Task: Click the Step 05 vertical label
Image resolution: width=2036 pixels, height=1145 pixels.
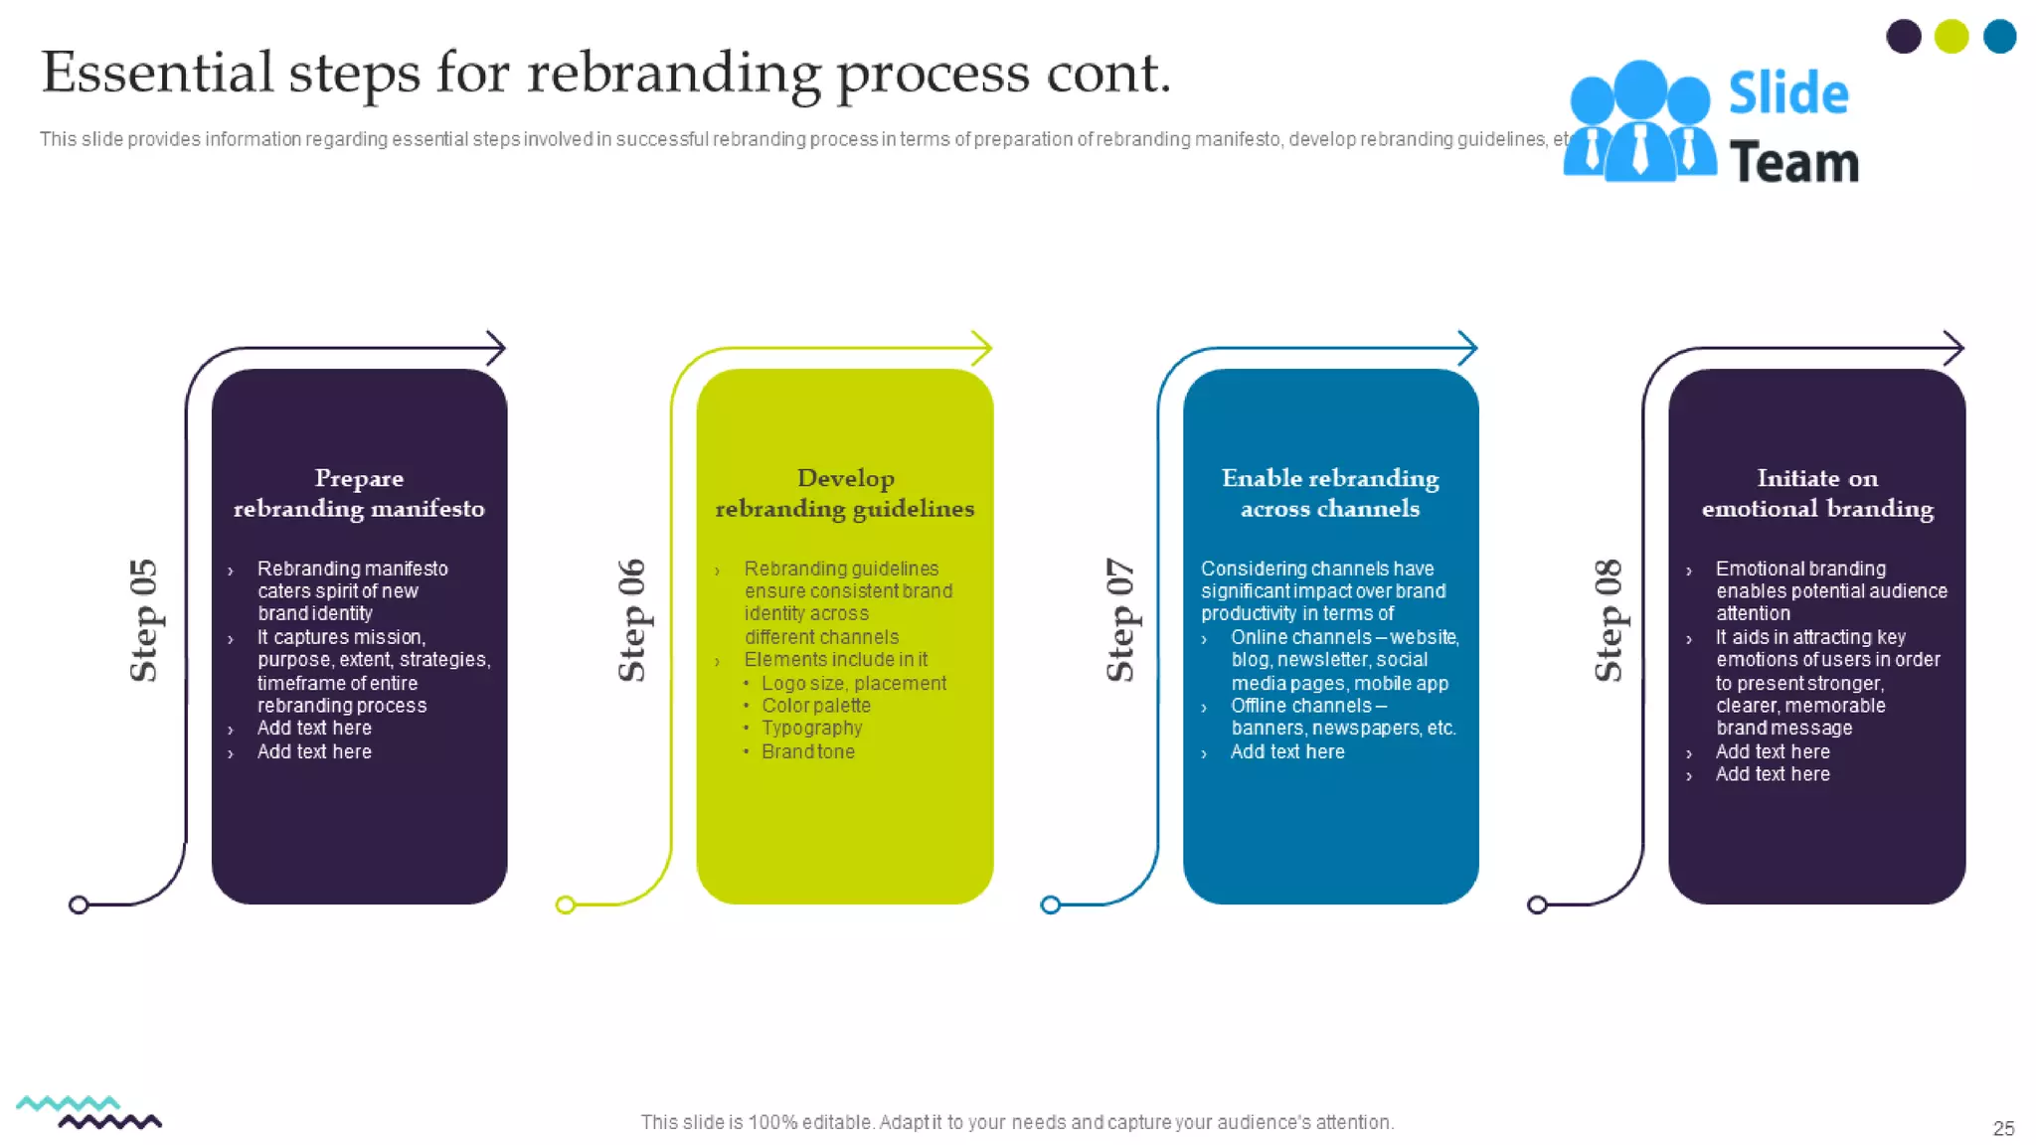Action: (143, 620)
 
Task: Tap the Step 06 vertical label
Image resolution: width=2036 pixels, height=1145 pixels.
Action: (631, 620)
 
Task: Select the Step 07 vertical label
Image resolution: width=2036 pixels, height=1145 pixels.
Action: (1119, 620)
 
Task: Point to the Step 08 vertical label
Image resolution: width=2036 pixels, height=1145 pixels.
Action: (1608, 620)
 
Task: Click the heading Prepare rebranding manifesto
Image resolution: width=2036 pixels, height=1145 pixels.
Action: (359, 493)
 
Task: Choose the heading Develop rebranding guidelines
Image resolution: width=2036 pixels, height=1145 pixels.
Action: (845, 493)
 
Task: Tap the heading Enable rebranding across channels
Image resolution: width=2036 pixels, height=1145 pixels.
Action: (1330, 493)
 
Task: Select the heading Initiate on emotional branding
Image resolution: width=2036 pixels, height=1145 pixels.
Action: (1817, 493)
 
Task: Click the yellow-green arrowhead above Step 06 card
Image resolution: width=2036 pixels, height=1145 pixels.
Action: (982, 348)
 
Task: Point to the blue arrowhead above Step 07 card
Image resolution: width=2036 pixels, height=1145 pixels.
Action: (1468, 348)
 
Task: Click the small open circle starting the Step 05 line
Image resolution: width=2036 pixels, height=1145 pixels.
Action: (79, 904)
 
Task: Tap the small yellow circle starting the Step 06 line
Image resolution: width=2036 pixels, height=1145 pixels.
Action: (565, 904)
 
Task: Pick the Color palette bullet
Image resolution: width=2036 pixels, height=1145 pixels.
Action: (815, 706)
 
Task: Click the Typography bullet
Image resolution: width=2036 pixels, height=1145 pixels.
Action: (811, 729)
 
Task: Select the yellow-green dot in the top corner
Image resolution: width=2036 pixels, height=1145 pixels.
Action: (1951, 37)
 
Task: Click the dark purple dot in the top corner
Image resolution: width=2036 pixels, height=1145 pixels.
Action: (1903, 37)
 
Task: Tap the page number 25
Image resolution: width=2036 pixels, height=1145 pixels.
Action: (2003, 1128)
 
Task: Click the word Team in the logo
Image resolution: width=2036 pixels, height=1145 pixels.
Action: (1793, 163)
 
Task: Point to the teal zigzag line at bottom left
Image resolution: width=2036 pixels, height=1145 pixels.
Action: (68, 1103)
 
